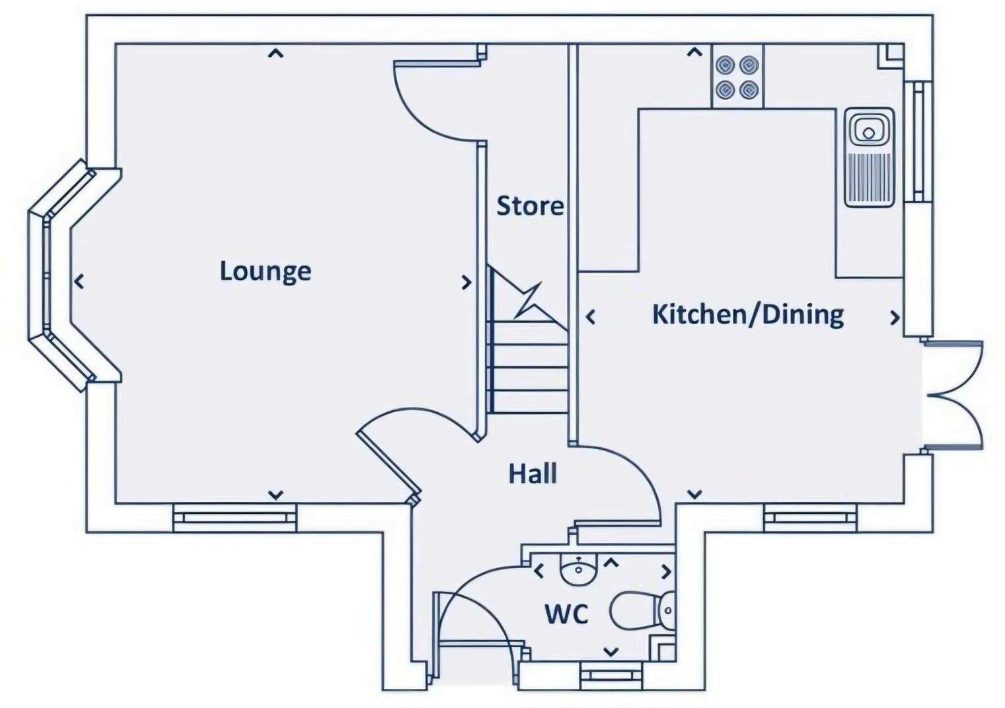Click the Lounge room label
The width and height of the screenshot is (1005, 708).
[265, 271]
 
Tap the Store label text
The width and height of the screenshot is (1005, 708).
[531, 206]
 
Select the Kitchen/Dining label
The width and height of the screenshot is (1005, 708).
[748, 315]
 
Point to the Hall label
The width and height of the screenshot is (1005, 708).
[533, 474]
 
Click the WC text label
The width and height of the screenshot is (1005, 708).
[567, 614]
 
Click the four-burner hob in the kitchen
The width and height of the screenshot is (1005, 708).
[737, 76]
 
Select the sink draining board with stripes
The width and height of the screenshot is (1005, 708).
[869, 178]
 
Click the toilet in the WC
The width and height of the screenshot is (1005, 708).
[642, 611]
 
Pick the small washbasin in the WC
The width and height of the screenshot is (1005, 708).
[578, 569]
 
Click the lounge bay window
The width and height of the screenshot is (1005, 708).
[61, 275]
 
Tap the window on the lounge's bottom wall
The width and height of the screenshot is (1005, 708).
[235, 518]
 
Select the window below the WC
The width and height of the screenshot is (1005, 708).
[611, 676]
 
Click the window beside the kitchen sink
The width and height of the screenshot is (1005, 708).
[918, 141]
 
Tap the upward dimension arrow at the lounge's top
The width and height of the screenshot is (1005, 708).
[276, 53]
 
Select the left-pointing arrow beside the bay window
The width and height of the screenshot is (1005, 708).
[79, 281]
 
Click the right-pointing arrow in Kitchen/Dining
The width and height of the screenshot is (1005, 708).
[895, 318]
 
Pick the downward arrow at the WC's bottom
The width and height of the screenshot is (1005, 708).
[611, 651]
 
